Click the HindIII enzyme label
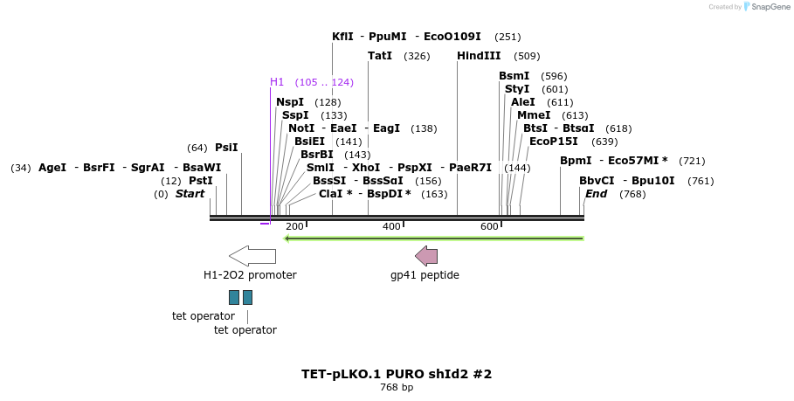(479, 56)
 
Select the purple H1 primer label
(277, 82)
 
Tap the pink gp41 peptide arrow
(426, 256)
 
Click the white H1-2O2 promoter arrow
(252, 256)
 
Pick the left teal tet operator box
(234, 297)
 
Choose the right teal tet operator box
(248, 297)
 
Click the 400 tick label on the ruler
(391, 226)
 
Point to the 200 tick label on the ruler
(294, 226)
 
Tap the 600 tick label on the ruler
(489, 226)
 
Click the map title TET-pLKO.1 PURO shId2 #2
(397, 374)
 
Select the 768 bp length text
(397, 387)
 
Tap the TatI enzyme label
(380, 56)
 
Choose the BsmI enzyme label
(514, 76)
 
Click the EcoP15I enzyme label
(553, 142)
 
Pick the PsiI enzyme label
(226, 148)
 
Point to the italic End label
(596, 194)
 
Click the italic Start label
(190, 194)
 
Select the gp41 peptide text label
(425, 275)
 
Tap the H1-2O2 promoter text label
(250, 275)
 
